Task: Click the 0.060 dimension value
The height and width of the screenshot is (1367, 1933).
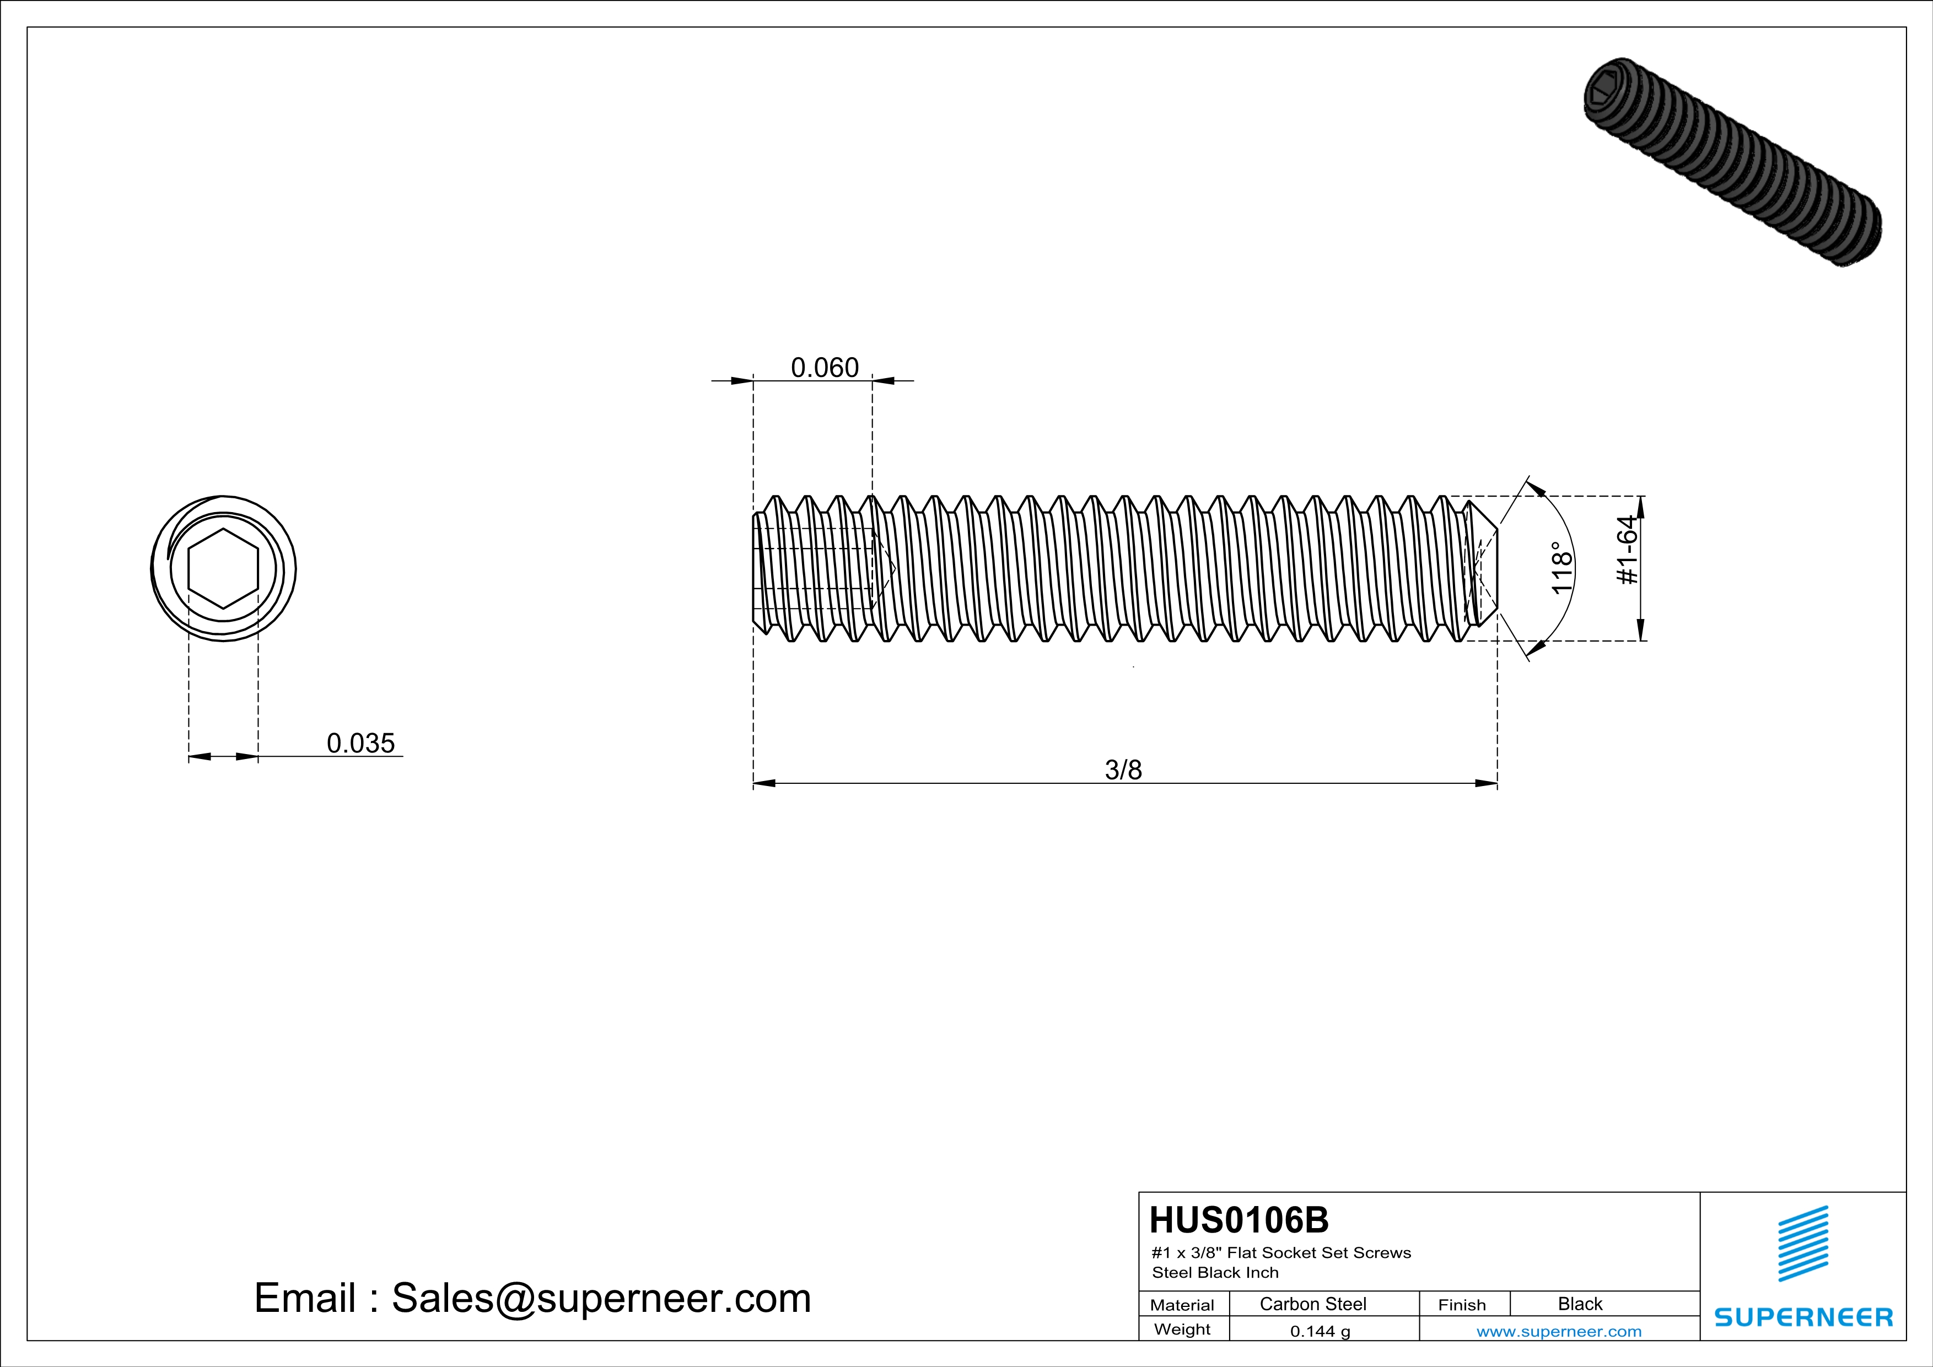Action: pos(824,368)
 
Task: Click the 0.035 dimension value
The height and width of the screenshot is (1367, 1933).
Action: pos(360,743)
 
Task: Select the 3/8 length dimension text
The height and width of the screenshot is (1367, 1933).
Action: pos(1123,769)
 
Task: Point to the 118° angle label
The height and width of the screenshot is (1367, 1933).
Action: pos(1561,568)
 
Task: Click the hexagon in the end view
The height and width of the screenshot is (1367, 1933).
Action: pos(223,568)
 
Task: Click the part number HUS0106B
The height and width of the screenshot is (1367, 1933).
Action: pos(1239,1220)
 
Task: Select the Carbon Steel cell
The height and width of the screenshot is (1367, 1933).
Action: pos(1312,1304)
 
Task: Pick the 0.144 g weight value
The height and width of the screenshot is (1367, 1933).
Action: pos(1320,1331)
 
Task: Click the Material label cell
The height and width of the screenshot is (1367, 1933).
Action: pos(1182,1305)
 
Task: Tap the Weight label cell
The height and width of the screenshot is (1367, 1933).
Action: pos(1182,1329)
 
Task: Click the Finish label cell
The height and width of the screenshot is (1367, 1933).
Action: pos(1462,1305)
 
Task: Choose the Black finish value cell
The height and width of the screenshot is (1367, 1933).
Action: pos(1579,1304)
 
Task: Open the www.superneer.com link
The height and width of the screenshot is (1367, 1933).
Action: pos(1558,1331)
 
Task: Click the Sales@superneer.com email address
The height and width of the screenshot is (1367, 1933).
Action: pos(601,1298)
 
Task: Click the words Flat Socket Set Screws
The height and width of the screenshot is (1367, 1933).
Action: pos(1318,1252)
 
